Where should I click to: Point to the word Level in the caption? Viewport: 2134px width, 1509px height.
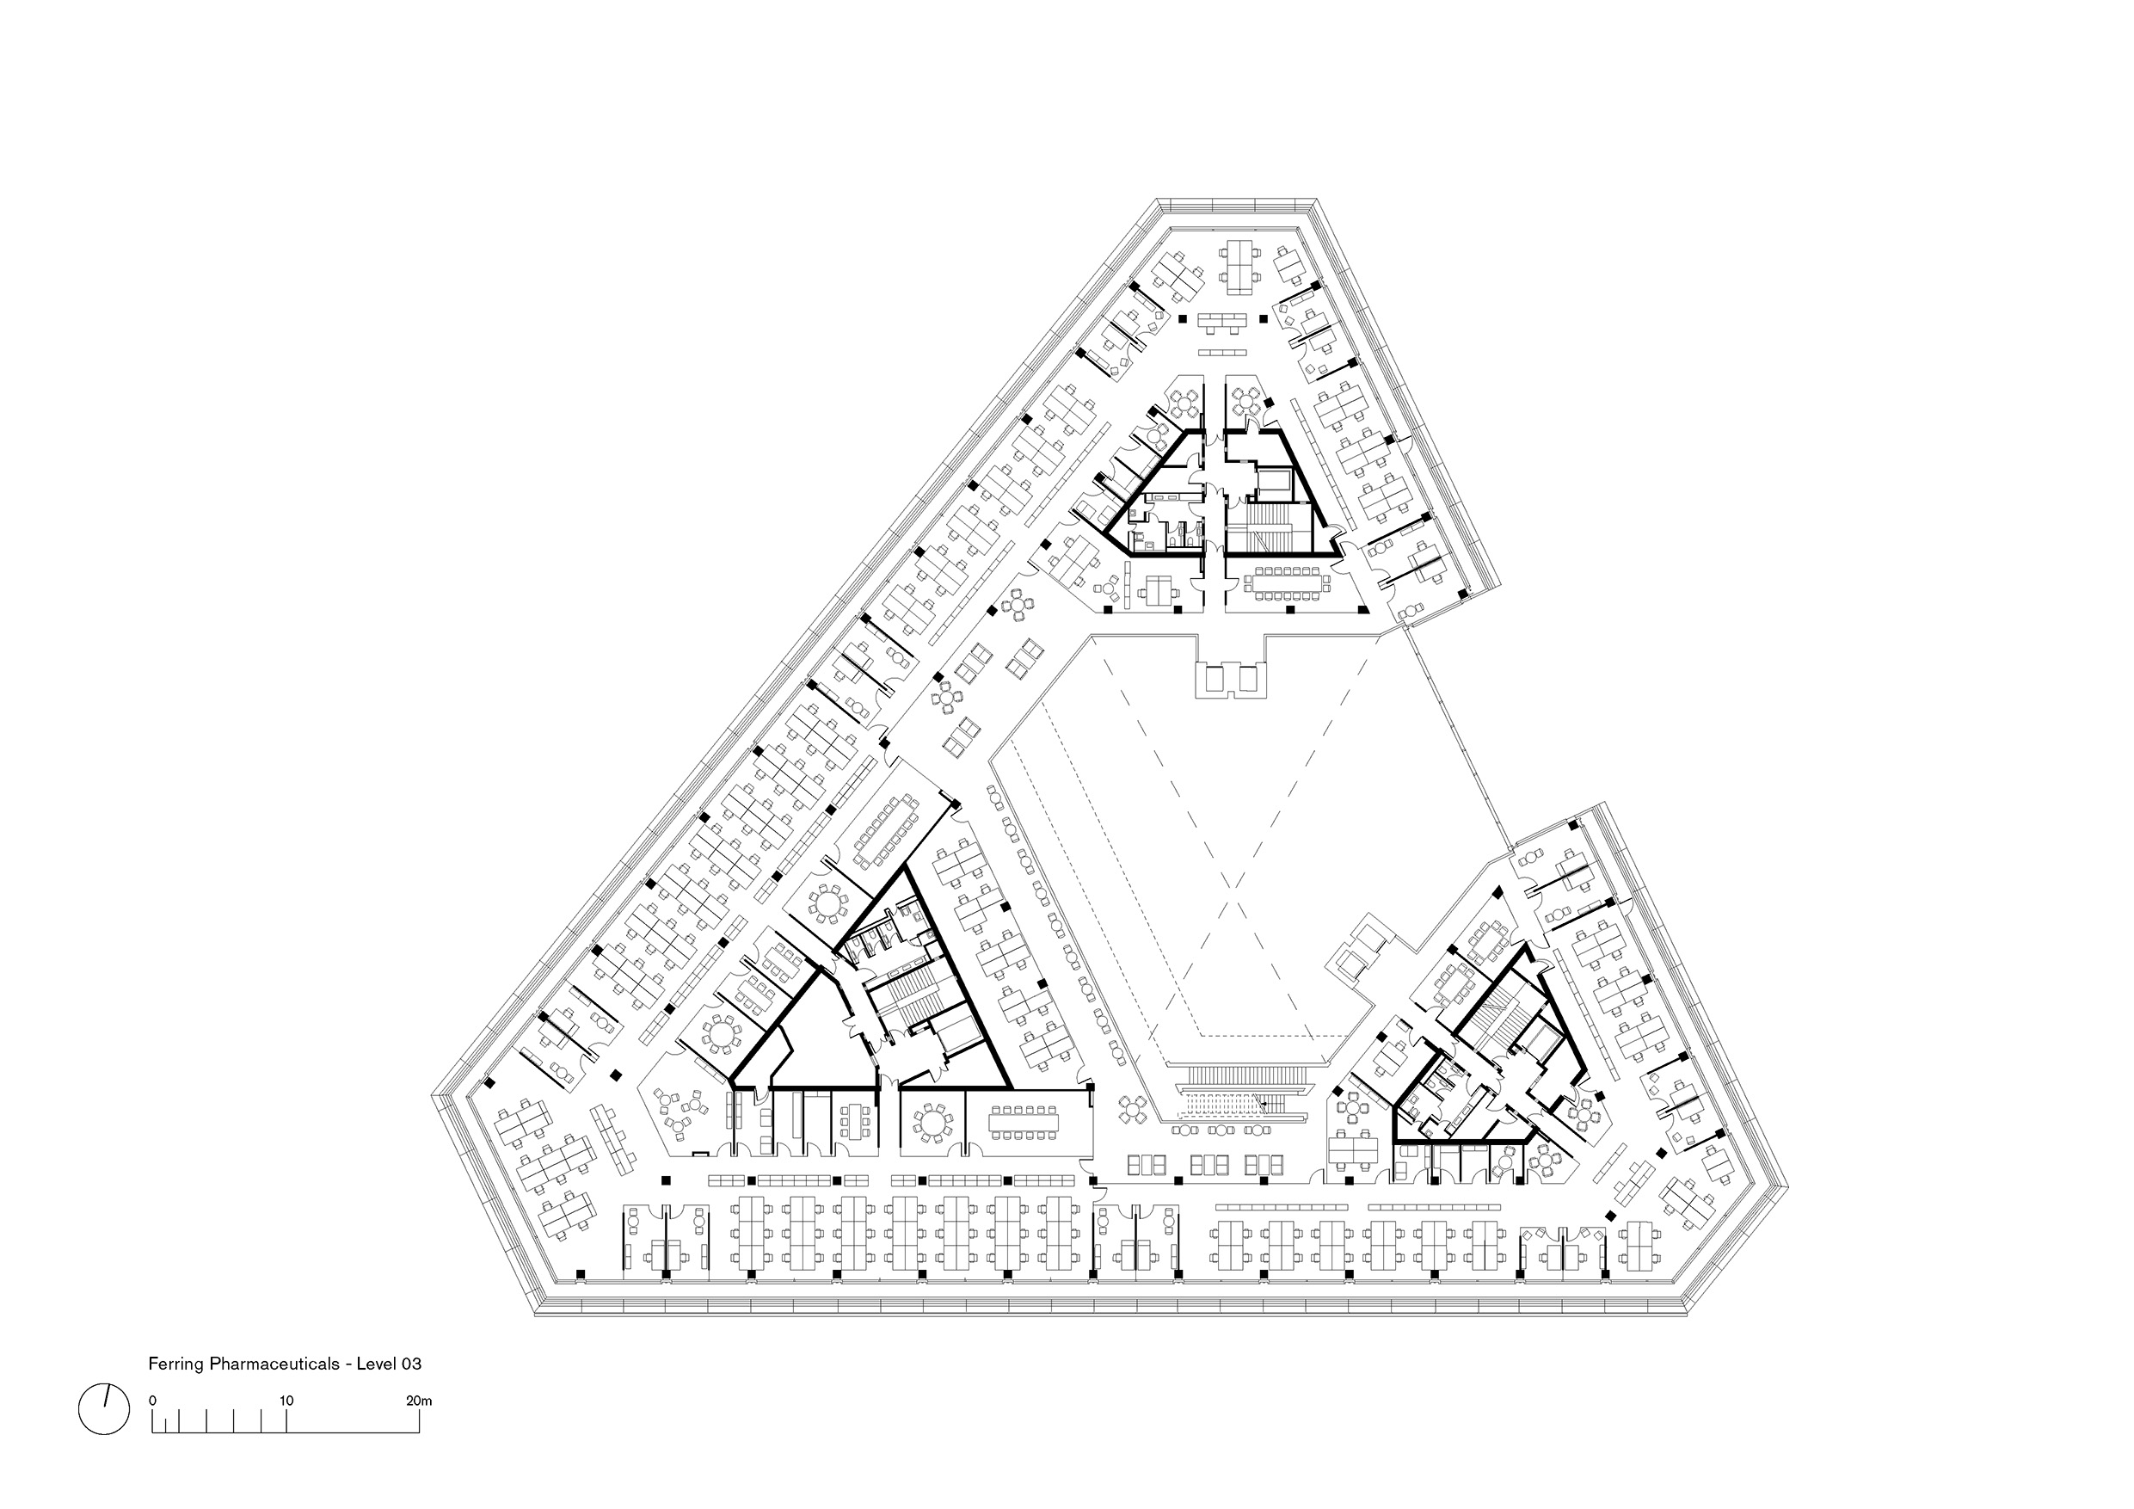tap(377, 1364)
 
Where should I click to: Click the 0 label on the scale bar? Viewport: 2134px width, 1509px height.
tap(152, 1401)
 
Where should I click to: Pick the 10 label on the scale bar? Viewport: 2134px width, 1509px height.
tap(286, 1401)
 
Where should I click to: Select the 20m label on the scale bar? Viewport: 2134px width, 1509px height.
tap(419, 1401)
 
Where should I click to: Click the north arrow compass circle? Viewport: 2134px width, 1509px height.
tap(104, 1409)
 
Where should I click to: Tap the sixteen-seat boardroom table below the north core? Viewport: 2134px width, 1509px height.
tap(1288, 583)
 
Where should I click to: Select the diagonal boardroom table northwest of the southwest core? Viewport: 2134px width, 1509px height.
tap(886, 828)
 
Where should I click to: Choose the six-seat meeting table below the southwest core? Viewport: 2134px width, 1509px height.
tap(853, 1124)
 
